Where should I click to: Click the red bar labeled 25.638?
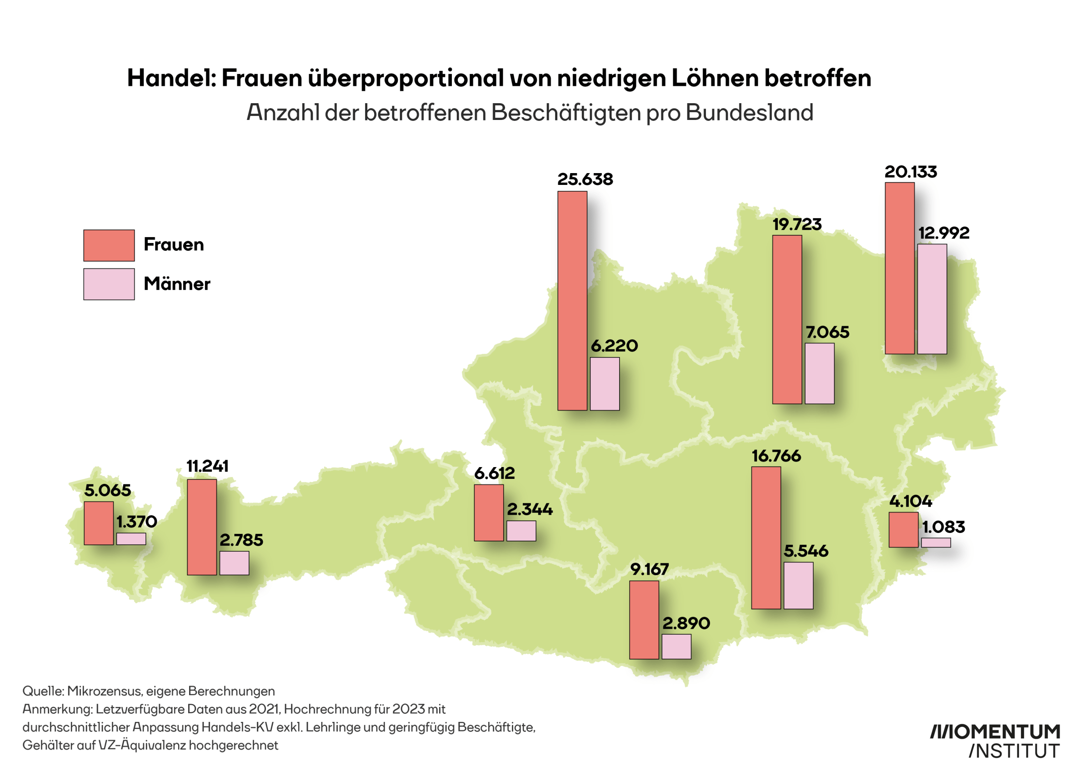572,300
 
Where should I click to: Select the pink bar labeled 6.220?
605,383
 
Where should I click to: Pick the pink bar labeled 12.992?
932,299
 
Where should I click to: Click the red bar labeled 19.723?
787,319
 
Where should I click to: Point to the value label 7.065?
827,332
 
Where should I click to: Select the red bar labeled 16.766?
766,538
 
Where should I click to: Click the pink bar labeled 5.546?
798,585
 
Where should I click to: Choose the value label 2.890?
686,623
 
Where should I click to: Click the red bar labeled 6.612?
489,512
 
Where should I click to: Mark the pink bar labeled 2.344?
521,531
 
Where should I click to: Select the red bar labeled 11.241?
201,527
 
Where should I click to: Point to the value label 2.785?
241,540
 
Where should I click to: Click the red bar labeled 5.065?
98,523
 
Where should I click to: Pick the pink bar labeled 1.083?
936,542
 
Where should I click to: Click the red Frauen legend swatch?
109,245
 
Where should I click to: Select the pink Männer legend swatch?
109,284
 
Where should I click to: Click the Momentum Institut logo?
995,741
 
